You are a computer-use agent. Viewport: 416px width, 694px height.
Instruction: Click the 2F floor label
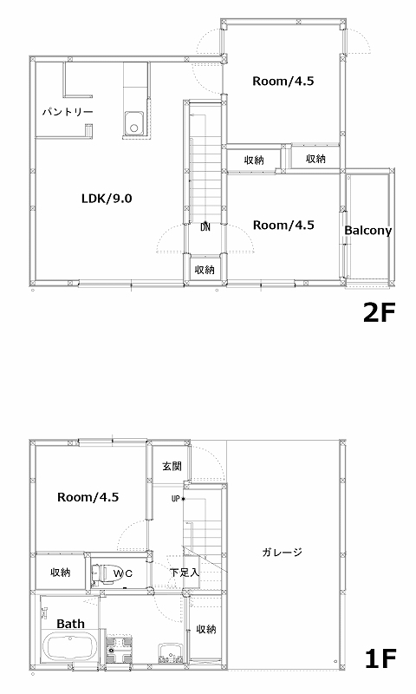click(379, 313)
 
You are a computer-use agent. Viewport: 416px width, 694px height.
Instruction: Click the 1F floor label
click(380, 658)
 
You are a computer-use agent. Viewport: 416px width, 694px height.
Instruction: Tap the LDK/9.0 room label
click(107, 199)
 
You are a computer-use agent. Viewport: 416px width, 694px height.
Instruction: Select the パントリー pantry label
click(68, 112)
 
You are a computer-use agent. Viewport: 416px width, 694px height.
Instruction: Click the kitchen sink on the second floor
click(133, 122)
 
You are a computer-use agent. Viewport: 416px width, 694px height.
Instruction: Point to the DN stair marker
click(205, 227)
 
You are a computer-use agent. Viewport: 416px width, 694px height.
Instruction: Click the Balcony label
click(367, 231)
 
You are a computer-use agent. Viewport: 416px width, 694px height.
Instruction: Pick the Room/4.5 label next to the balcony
click(283, 225)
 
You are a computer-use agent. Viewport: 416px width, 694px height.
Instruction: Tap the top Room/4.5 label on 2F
click(283, 81)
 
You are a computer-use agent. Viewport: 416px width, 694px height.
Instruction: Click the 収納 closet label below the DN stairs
click(205, 269)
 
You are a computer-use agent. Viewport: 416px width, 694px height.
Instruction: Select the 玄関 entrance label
click(172, 466)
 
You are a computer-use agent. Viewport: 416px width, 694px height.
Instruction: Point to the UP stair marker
click(176, 499)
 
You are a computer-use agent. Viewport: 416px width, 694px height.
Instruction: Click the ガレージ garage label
click(282, 552)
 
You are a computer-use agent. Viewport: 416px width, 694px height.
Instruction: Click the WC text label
click(122, 573)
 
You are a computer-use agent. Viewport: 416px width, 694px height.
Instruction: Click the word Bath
click(70, 624)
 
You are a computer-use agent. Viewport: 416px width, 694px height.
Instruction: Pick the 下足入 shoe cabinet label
click(185, 573)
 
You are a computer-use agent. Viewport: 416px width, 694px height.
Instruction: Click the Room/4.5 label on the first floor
click(88, 497)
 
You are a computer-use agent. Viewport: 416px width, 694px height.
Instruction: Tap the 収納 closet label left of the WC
click(61, 573)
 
